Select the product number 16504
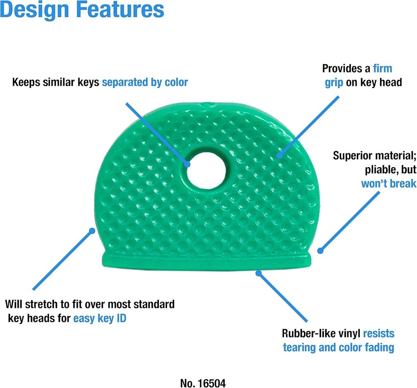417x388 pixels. click(x=212, y=383)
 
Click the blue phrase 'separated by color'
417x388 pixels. click(x=145, y=83)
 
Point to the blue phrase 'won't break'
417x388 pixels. click(x=389, y=184)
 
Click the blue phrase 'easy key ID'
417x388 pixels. click(x=100, y=318)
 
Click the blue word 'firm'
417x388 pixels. click(x=382, y=69)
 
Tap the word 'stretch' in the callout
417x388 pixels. click(x=42, y=304)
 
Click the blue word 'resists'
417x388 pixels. click(x=379, y=333)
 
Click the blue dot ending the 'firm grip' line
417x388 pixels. click(x=279, y=155)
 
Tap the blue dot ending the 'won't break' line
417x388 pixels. click(x=320, y=250)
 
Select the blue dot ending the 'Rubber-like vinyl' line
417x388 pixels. click(x=259, y=273)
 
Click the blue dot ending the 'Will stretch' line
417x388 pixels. click(x=92, y=230)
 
